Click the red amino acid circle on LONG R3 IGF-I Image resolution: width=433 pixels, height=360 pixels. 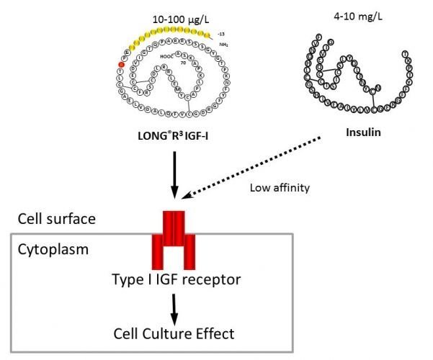point(122,66)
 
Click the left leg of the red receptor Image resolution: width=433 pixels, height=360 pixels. point(158,252)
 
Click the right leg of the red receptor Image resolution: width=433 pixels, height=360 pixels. point(189,252)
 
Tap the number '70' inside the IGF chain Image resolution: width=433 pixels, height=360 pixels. point(184,64)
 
